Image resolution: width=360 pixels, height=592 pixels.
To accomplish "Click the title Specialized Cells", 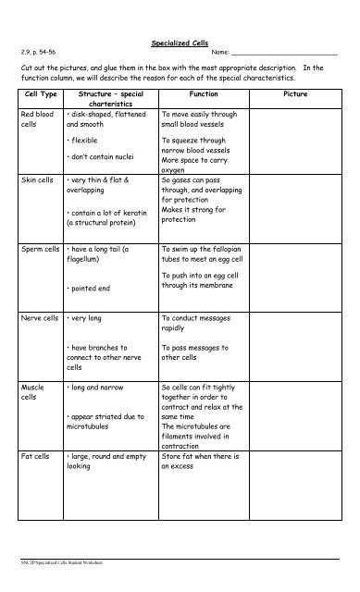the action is pyautogui.click(x=180, y=43).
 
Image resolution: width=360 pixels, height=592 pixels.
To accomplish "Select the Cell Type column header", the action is pyautogui.click(x=40, y=94).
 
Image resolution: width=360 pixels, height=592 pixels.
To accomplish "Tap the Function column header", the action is pyautogui.click(x=204, y=94).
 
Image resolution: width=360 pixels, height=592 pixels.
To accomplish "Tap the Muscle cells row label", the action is pyautogui.click(x=33, y=392).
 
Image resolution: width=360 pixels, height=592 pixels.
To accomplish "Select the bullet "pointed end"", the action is pyautogui.click(x=92, y=289).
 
